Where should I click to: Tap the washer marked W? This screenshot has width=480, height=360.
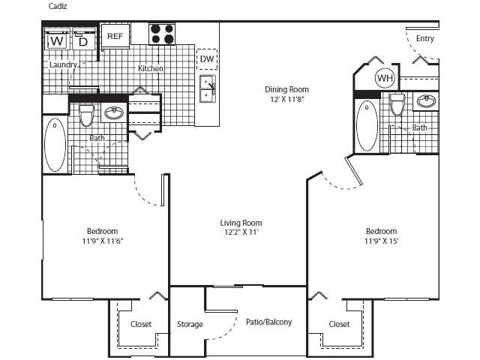point(56,40)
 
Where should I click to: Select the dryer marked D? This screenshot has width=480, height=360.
point(83,40)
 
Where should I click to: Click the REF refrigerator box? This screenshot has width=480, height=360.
point(115,36)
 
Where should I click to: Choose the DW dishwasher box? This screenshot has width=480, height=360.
point(206,59)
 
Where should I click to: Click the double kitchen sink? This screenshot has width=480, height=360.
point(207,88)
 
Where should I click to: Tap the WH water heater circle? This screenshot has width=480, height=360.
point(385,78)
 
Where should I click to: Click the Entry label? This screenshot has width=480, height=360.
point(424,38)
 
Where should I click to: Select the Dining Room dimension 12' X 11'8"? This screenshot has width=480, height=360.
point(286,99)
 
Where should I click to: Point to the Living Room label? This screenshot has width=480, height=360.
point(241,223)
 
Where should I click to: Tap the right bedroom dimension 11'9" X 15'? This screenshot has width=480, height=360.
point(381,241)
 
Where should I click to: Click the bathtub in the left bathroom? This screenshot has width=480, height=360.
point(55,145)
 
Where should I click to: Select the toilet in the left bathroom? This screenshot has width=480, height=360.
point(86,115)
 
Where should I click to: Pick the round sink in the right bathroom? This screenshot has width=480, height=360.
point(426,100)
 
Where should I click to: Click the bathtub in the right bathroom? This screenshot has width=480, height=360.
point(367,127)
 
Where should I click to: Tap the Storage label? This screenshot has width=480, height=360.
point(190,324)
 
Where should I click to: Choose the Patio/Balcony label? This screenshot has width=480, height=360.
point(268,322)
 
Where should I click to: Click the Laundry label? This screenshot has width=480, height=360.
point(63,65)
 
